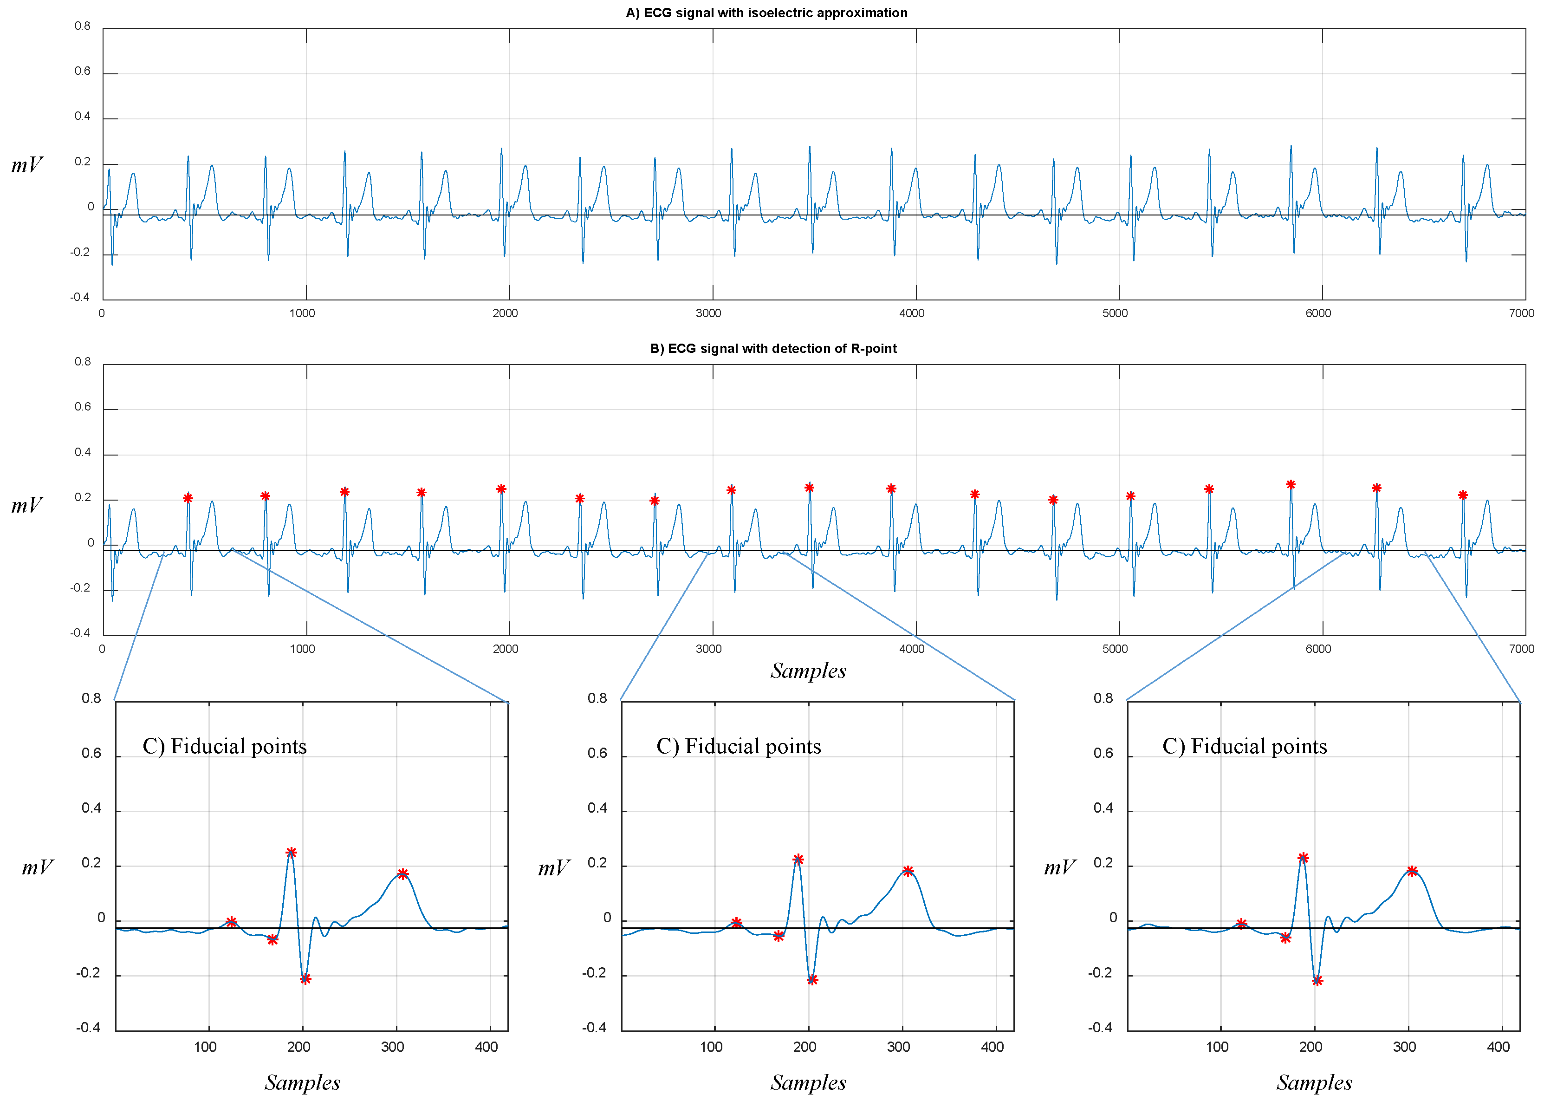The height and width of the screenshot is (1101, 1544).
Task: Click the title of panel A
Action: point(766,13)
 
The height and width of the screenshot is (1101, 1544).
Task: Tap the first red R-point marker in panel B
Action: point(188,498)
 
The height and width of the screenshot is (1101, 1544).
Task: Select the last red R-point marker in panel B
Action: point(1463,495)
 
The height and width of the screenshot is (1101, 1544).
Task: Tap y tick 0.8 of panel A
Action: point(83,26)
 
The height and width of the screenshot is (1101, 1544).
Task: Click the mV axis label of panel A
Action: point(27,165)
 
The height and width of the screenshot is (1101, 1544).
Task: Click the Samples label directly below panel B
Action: point(808,671)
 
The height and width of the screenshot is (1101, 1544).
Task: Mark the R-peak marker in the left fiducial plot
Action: point(291,852)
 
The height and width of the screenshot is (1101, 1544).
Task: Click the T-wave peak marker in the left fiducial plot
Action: point(402,874)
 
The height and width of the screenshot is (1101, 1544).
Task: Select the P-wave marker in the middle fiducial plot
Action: point(736,923)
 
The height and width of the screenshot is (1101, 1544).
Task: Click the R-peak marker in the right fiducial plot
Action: point(1303,858)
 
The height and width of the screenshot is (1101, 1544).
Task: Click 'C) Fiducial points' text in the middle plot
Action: point(738,746)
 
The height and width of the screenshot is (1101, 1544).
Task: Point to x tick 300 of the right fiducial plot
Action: point(1404,1047)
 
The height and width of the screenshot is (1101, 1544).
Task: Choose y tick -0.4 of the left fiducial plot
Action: point(88,1028)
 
